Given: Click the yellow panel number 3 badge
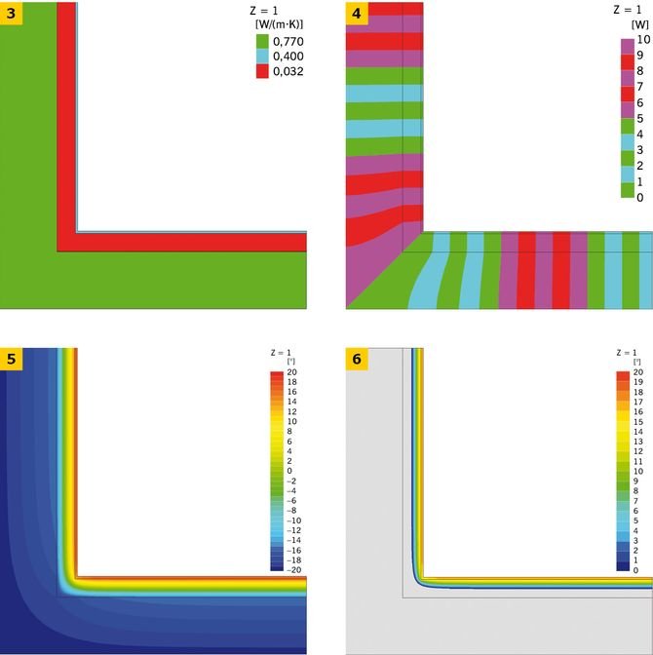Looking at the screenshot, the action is (x=11, y=13).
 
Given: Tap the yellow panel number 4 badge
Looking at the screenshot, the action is (x=357, y=13).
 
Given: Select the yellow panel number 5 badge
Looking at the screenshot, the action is (x=11, y=359).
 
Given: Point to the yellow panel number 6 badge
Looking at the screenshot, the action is (x=357, y=359).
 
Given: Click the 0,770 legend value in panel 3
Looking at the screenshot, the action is (x=288, y=41).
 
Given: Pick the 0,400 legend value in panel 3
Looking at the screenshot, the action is (x=288, y=57).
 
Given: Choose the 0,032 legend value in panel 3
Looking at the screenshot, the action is (x=288, y=71).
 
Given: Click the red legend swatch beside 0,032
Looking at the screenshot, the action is (x=262, y=71).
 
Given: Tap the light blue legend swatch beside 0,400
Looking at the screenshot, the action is (x=262, y=57).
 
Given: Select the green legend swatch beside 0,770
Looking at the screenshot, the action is (x=262, y=42).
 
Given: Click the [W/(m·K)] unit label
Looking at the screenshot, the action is (x=279, y=24).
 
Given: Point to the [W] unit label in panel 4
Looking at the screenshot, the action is (x=640, y=24).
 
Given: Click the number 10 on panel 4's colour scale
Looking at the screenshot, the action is (x=643, y=39).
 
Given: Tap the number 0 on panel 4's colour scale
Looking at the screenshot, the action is (x=640, y=198).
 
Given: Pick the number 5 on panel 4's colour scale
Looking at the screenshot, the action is (x=640, y=119).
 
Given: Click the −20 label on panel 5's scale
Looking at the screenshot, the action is (x=293, y=570).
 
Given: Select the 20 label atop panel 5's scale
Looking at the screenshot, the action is (x=292, y=372).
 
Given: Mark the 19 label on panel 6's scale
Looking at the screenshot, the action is (x=638, y=382).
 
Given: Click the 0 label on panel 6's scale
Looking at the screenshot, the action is (x=635, y=570).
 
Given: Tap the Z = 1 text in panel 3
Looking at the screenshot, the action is (x=263, y=11).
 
